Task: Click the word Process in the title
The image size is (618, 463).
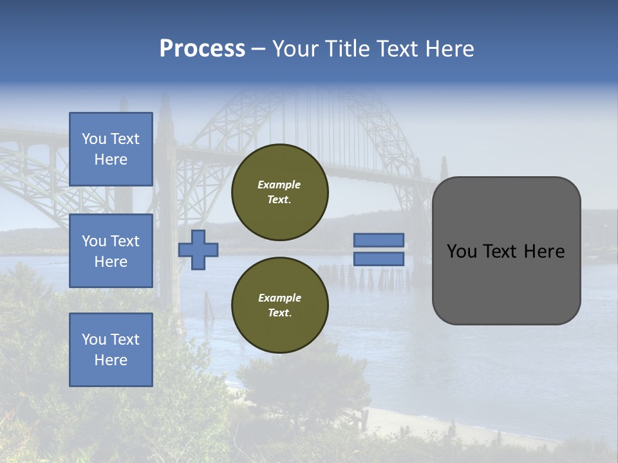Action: pyautogui.click(x=202, y=49)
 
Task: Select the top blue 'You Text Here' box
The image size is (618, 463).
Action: pyautogui.click(x=111, y=149)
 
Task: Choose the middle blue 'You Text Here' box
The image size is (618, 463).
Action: pyautogui.click(x=111, y=251)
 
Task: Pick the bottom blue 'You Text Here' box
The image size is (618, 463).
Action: pyautogui.click(x=111, y=350)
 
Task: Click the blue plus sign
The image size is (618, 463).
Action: pyautogui.click(x=198, y=250)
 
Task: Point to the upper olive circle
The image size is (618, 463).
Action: pyautogui.click(x=280, y=192)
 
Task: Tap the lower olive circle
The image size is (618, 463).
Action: pyautogui.click(x=280, y=305)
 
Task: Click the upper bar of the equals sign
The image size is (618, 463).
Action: pyautogui.click(x=379, y=241)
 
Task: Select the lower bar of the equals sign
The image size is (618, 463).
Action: pyautogui.click(x=379, y=259)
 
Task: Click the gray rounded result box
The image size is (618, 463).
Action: pyautogui.click(x=507, y=251)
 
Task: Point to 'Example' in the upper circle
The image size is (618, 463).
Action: pyautogui.click(x=279, y=185)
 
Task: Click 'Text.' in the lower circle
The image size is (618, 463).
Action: pyautogui.click(x=280, y=313)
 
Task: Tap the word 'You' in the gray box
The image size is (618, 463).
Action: pyautogui.click(x=462, y=251)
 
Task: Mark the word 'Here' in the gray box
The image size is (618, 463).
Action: pyautogui.click(x=544, y=251)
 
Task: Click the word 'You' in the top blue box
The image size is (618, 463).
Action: pyautogui.click(x=94, y=139)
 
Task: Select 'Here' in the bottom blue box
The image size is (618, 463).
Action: pyautogui.click(x=111, y=360)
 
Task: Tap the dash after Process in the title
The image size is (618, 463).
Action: pyautogui.click(x=258, y=49)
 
